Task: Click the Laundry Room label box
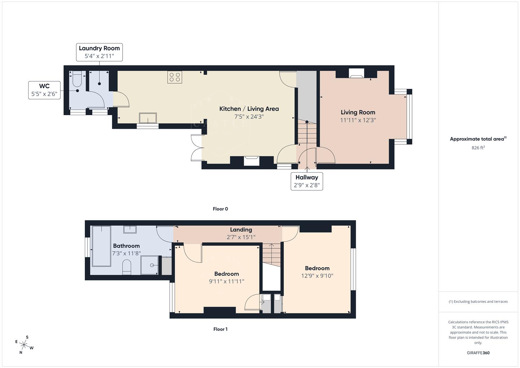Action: (x=99, y=52)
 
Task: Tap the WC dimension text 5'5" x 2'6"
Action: (x=44, y=94)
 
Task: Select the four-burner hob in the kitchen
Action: (x=175, y=77)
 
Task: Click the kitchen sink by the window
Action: (x=148, y=118)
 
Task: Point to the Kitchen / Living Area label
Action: (x=249, y=109)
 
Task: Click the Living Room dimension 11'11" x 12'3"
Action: (x=358, y=120)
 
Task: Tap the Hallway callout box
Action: (x=306, y=181)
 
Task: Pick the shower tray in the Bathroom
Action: (x=150, y=265)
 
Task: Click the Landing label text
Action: (x=241, y=230)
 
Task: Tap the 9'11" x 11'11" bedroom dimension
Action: (x=226, y=281)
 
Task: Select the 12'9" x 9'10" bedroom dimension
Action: (x=317, y=276)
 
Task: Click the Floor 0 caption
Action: (x=220, y=209)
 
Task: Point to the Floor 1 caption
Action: (x=220, y=329)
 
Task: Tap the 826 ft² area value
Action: (x=478, y=148)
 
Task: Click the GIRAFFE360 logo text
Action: (x=478, y=353)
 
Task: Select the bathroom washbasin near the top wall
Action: (x=130, y=229)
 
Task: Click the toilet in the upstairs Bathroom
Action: (x=127, y=267)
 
